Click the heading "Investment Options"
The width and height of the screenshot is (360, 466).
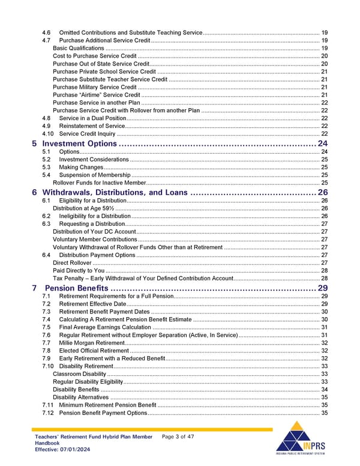point(79,144)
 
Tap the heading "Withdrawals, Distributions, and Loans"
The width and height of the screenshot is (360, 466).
point(115,192)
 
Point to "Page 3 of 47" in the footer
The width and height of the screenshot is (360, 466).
point(178,437)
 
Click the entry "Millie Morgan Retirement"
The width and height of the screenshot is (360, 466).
point(91,342)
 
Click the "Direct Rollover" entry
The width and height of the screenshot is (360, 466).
point(72,263)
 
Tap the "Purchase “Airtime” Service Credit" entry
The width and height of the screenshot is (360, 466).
point(96,95)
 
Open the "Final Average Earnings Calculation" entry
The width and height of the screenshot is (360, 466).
point(105,327)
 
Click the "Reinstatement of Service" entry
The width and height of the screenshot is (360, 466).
point(92,126)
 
